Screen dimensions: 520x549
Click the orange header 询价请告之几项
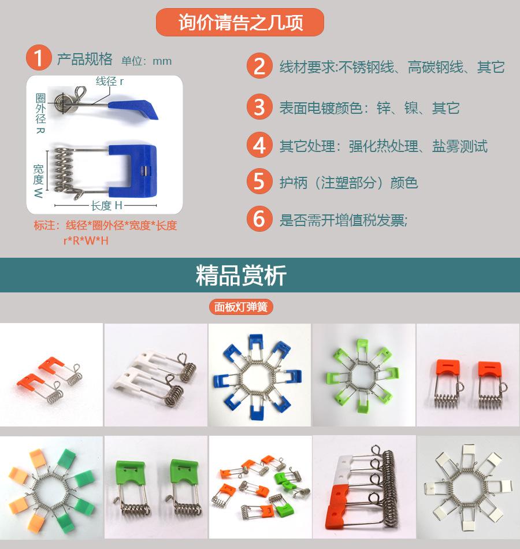click(x=240, y=22)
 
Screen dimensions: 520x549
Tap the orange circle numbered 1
click(x=39, y=57)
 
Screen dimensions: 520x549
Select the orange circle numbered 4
click(x=259, y=145)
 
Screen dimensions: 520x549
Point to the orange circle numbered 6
click(x=259, y=219)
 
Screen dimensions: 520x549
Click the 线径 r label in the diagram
click(x=110, y=81)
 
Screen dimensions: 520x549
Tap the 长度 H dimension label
click(x=106, y=206)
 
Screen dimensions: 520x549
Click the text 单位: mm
click(x=146, y=61)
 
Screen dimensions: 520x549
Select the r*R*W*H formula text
click(x=86, y=241)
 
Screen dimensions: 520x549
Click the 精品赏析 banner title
click(x=241, y=275)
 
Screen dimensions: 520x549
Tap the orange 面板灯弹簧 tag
click(x=241, y=307)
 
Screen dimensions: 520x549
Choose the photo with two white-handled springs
click(x=156, y=374)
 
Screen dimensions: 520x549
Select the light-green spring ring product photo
click(x=363, y=374)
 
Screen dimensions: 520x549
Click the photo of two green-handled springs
click(x=156, y=487)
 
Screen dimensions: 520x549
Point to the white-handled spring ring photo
click(x=468, y=487)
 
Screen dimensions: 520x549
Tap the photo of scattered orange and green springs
click(x=260, y=487)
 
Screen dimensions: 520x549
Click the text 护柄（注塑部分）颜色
click(x=348, y=183)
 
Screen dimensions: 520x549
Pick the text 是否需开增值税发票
click(x=343, y=220)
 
